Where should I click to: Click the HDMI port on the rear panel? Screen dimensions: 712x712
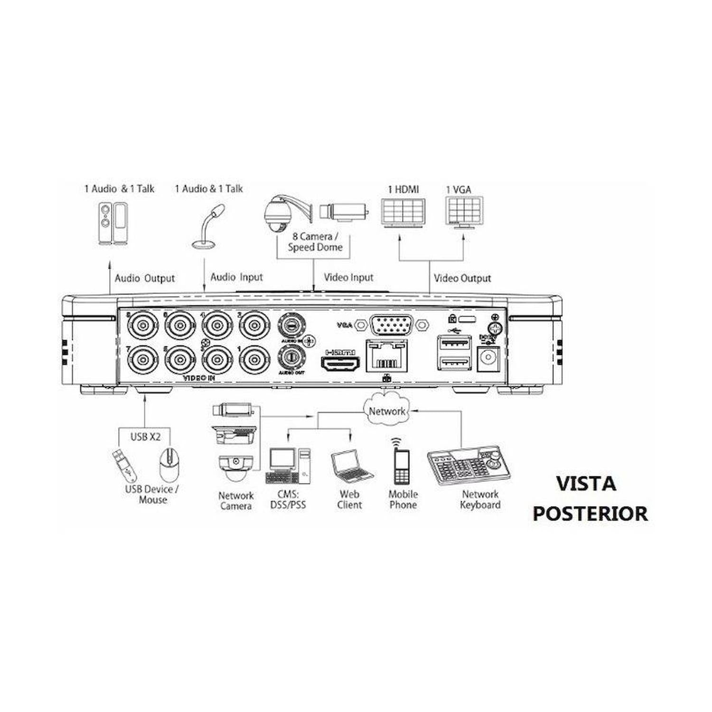point(340,364)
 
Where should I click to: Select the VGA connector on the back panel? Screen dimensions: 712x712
point(391,325)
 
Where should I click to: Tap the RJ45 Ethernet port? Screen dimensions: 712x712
point(386,357)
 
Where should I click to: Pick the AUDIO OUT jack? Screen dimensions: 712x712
point(291,356)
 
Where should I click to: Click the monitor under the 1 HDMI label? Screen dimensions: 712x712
point(403,212)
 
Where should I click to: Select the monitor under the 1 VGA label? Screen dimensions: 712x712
point(464,212)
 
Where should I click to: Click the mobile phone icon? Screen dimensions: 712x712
point(402,466)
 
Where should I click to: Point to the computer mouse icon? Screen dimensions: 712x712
point(169,465)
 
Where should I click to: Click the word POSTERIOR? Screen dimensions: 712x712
point(590,514)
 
